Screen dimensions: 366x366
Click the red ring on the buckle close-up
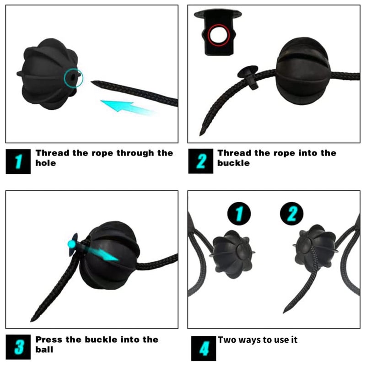(219, 35)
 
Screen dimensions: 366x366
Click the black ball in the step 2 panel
(303, 71)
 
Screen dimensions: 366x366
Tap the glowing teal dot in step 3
(72, 244)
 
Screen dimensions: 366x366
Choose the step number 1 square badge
(18, 161)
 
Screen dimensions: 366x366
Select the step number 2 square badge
(201, 161)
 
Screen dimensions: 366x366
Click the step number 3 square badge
(18, 347)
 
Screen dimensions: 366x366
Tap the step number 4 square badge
(204, 348)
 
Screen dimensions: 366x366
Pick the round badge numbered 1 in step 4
(239, 214)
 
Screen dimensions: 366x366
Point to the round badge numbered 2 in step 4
(291, 214)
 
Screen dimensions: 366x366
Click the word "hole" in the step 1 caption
(45, 163)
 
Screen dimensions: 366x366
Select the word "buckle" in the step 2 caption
(233, 163)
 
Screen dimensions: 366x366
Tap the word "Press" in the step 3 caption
(49, 339)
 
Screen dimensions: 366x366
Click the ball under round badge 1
(233, 254)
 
